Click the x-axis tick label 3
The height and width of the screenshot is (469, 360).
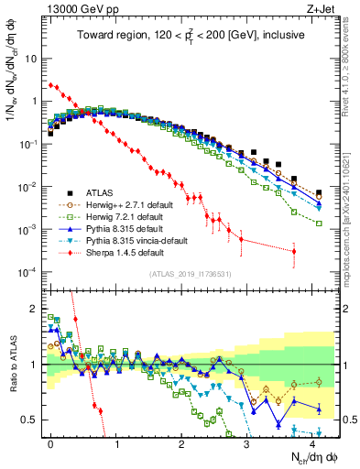tap(247, 442)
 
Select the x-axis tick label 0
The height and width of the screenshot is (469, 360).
tap(50, 442)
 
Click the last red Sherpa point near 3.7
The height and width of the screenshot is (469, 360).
tap(294, 251)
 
